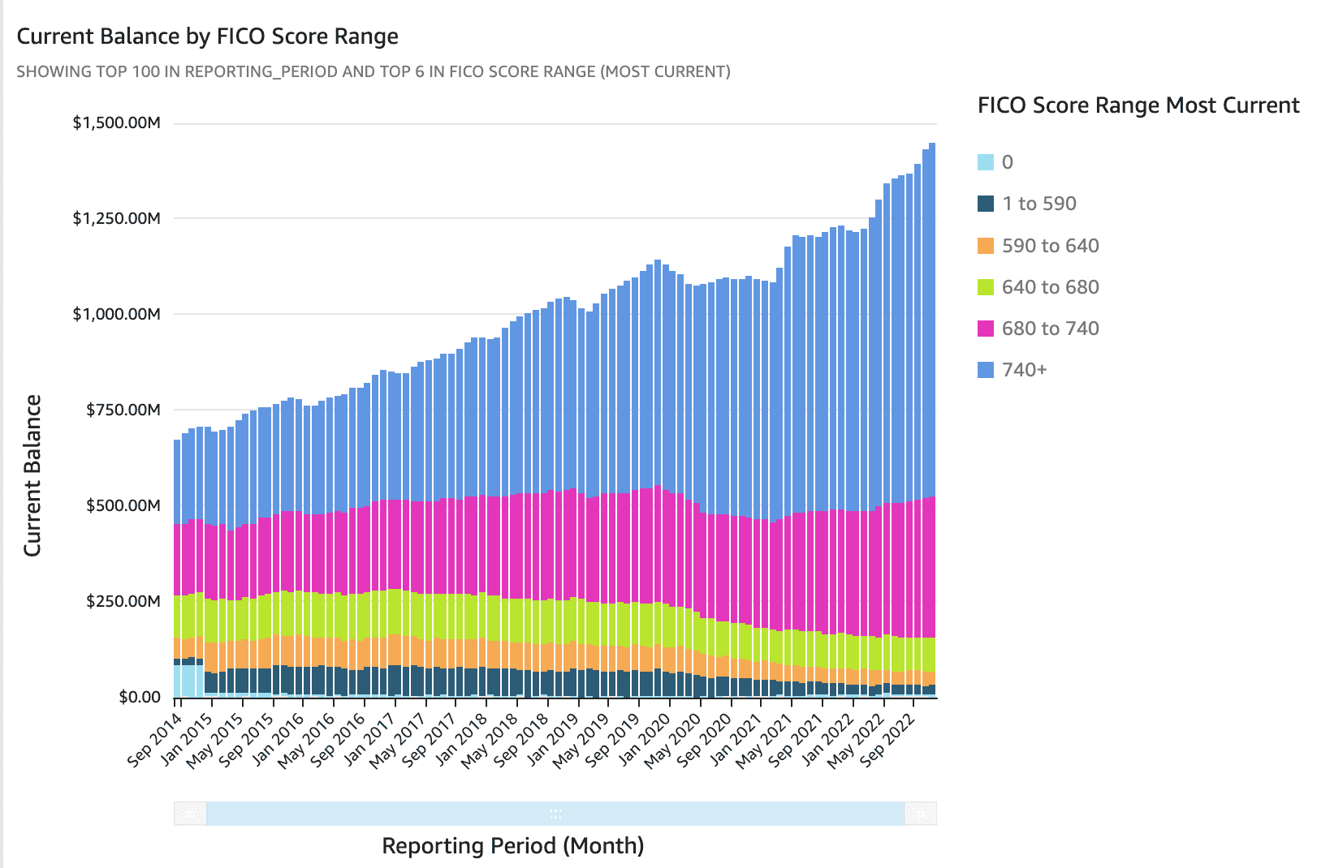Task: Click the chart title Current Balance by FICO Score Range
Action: pyautogui.click(x=207, y=37)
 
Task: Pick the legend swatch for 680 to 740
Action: pyautogui.click(x=986, y=329)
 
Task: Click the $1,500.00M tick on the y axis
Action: pyautogui.click(x=116, y=123)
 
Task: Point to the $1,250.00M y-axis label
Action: pyautogui.click(x=116, y=219)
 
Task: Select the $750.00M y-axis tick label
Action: pyautogui.click(x=123, y=410)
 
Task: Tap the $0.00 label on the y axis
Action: pyautogui.click(x=140, y=698)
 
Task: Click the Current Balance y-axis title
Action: pyautogui.click(x=32, y=475)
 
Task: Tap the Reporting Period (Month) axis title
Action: pyautogui.click(x=512, y=846)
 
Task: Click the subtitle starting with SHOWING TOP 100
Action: pyautogui.click(x=374, y=71)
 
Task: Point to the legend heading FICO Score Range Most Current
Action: pyautogui.click(x=1138, y=105)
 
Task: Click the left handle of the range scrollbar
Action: pyautogui.click(x=190, y=814)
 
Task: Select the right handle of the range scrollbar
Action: pyautogui.click(x=921, y=814)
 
